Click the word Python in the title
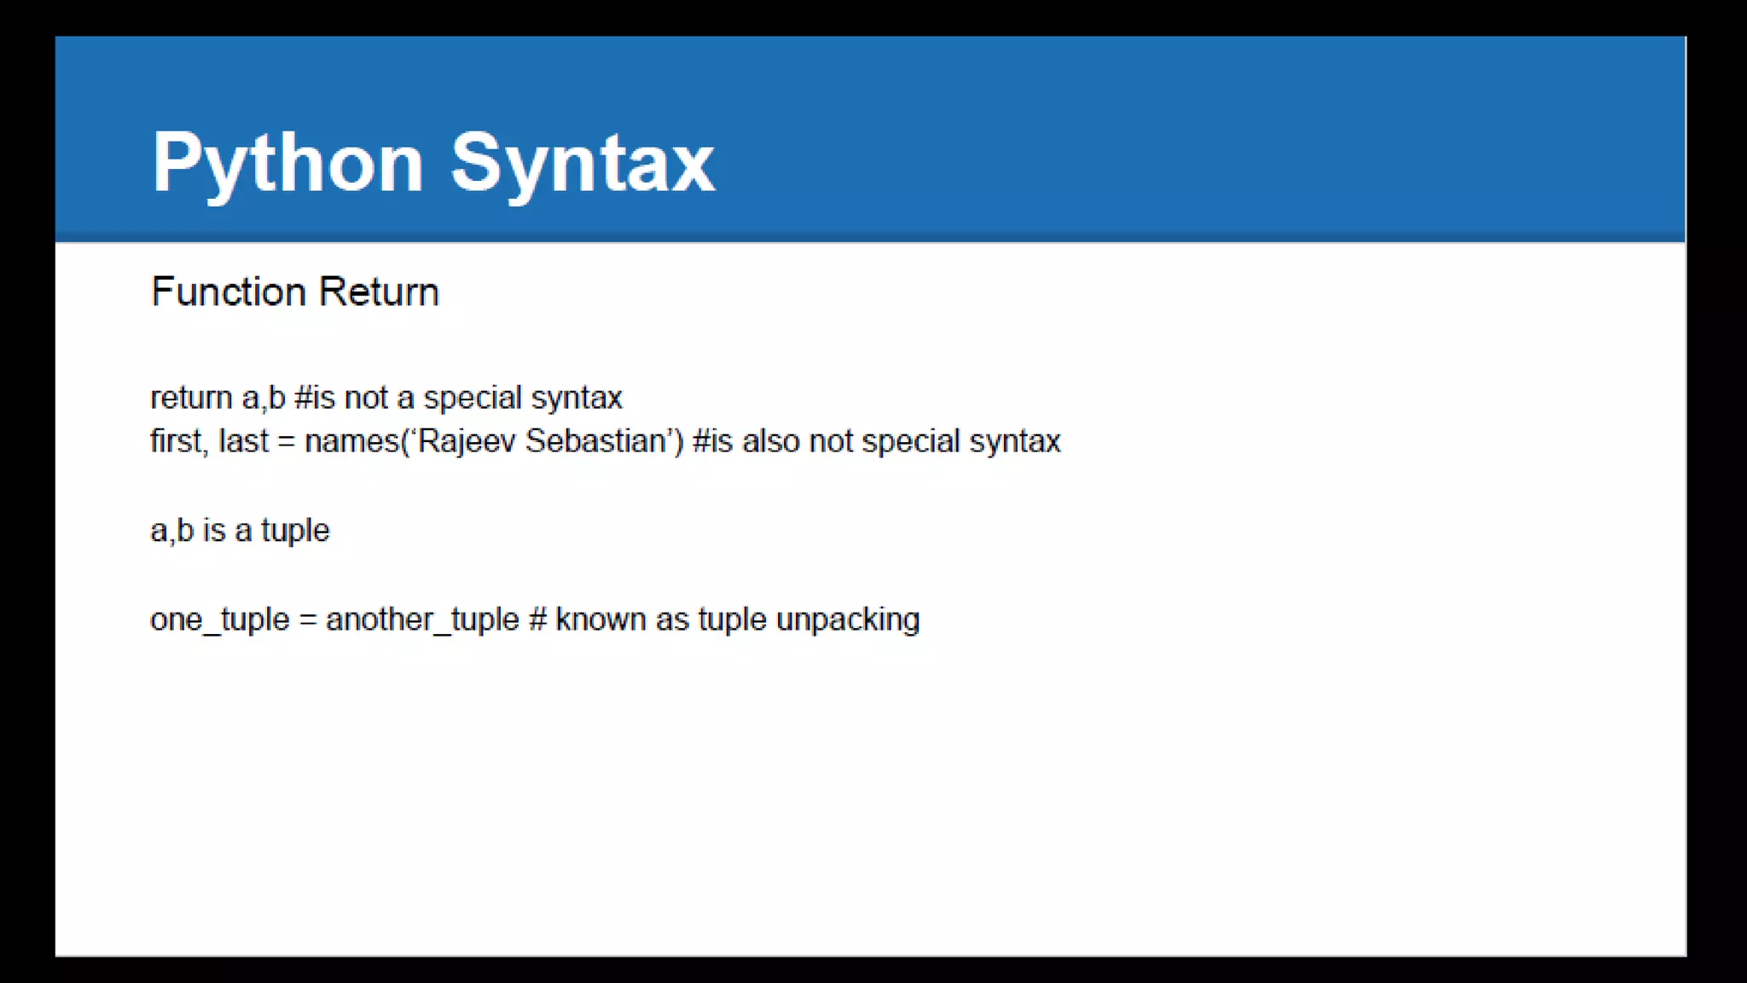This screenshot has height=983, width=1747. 287,164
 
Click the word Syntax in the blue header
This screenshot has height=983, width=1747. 583,164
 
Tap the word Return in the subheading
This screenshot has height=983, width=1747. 379,292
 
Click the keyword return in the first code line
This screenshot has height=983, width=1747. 191,398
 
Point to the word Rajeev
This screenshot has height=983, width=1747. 467,441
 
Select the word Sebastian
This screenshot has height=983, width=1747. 595,441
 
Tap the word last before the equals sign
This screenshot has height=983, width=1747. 244,441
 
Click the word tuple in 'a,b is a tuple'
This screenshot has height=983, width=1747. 295,531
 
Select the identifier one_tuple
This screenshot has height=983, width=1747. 220,619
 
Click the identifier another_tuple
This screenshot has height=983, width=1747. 422,619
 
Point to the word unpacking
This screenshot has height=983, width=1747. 848,619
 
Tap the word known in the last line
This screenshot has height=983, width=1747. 601,619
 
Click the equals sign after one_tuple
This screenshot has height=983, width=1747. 308,620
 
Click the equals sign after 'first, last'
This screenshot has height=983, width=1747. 287,442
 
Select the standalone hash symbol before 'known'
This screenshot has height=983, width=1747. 537,619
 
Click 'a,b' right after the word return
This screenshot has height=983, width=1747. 264,398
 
